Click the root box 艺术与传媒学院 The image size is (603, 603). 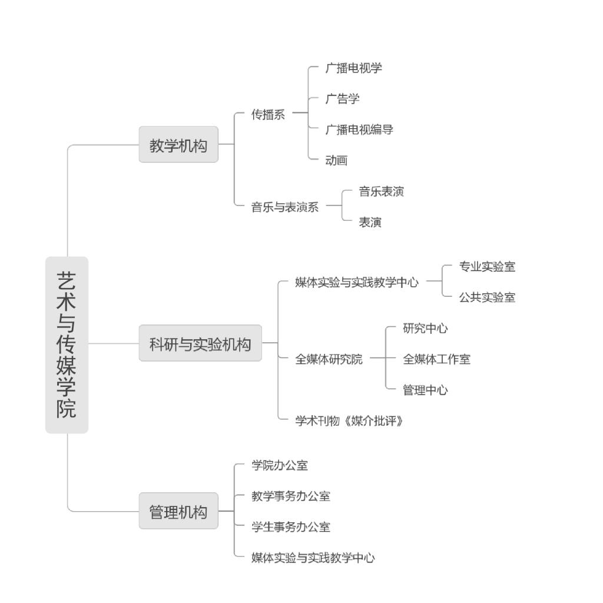click(67, 345)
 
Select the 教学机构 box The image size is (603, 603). click(178, 144)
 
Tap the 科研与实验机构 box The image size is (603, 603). click(200, 343)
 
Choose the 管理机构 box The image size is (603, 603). click(178, 511)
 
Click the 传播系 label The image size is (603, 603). click(268, 114)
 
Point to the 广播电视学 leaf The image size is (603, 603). click(354, 68)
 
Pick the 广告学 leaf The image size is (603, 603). click(343, 99)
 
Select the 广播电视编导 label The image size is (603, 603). click(359, 130)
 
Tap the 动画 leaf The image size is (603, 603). click(336, 160)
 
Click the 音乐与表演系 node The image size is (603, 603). click(285, 207)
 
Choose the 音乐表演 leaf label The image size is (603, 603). click(382, 191)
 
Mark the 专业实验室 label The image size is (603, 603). click(487, 266)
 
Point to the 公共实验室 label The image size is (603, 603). click(487, 297)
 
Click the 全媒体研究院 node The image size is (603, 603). click(329, 359)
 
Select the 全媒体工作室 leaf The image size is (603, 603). click(437, 359)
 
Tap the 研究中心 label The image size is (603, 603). click(425, 328)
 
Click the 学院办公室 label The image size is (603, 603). click(280, 465)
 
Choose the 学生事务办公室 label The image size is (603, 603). click(291, 527)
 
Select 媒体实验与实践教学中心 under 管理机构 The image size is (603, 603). click(313, 558)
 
